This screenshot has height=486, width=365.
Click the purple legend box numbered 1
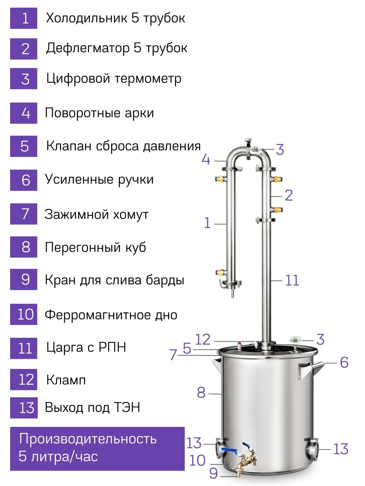24,18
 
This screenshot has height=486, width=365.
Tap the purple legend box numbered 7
24,214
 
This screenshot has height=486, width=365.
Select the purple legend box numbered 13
24,408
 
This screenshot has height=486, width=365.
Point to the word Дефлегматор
88,48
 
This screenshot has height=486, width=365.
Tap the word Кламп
66,380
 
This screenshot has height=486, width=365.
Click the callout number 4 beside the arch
206,160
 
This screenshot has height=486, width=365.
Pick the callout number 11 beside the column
292,280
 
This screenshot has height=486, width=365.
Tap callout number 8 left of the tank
201,393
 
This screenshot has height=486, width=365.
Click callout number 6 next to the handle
344,362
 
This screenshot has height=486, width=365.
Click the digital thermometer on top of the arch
256,150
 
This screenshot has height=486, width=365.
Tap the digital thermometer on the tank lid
295,340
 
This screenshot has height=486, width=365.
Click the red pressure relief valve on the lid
239,345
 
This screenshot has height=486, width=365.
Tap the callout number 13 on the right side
341,449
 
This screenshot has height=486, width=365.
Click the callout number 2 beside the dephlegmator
288,195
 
